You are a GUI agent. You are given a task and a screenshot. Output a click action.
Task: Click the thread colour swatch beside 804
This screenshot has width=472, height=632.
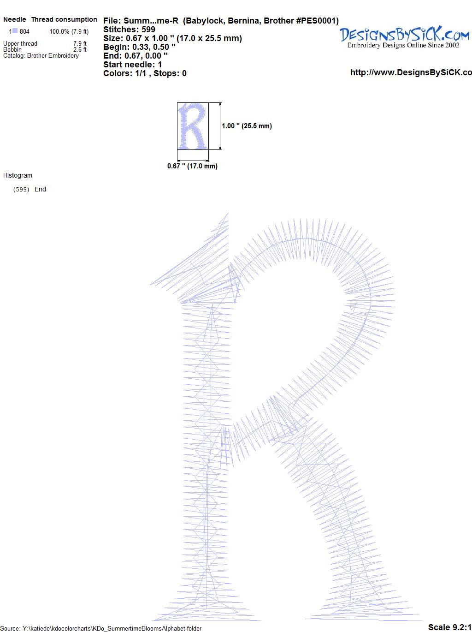pyautogui.click(x=15, y=31)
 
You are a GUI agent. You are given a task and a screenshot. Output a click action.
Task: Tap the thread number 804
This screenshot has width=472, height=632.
pyautogui.click(x=24, y=32)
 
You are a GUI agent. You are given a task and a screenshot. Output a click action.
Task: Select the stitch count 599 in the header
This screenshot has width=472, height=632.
pyautogui.click(x=148, y=30)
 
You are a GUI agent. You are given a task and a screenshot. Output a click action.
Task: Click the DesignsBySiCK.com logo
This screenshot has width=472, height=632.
pyautogui.click(x=404, y=37)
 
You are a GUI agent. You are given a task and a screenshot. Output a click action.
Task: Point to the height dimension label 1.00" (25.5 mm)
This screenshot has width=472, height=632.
pyautogui.click(x=247, y=126)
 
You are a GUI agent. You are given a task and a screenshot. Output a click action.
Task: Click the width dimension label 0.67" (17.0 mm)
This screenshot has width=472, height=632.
pyautogui.click(x=192, y=166)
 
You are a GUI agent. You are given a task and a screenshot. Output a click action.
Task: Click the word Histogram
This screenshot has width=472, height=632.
pyautogui.click(x=18, y=175)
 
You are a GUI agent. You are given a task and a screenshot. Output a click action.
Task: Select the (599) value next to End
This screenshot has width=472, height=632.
pyautogui.click(x=21, y=190)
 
